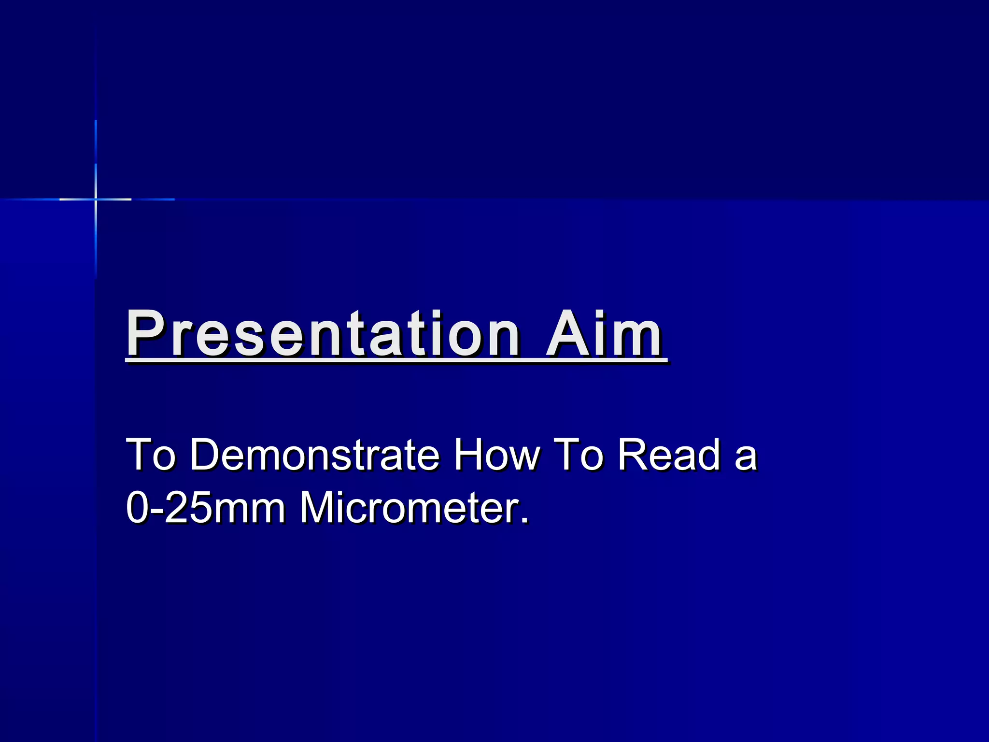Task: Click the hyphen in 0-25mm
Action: point(155,512)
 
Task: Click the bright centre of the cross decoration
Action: point(96,199)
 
